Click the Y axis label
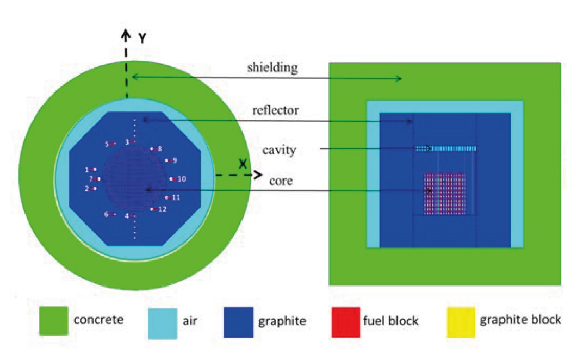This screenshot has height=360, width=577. point(141,38)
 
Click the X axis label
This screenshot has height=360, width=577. point(243,164)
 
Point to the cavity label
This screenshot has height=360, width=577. point(280,150)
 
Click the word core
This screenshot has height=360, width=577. point(281,181)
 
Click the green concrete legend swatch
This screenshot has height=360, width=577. point(54,320)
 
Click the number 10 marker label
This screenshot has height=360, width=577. point(182,179)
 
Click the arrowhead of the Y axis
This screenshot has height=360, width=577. point(126,36)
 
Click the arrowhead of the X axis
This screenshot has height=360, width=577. point(256,176)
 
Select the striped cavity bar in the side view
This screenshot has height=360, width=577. point(446,148)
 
